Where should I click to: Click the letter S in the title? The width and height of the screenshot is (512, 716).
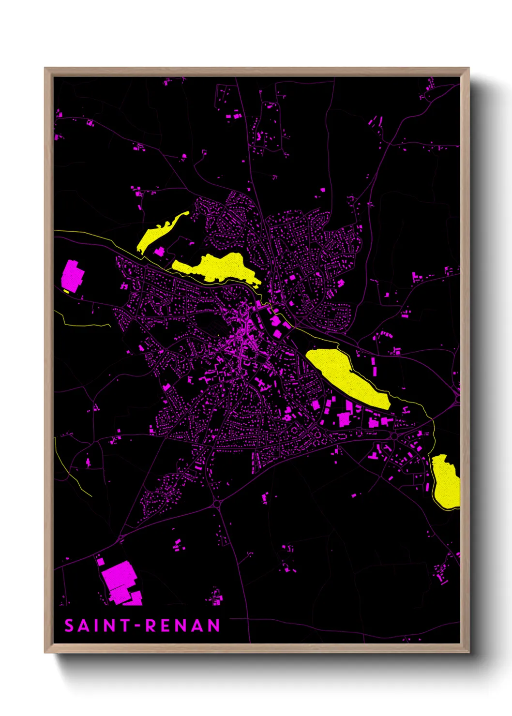[x=69, y=626]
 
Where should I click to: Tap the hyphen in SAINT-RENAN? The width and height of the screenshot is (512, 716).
[x=138, y=626]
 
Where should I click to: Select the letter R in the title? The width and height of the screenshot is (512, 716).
[x=151, y=626]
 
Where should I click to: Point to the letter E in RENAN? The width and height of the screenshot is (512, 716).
[x=166, y=626]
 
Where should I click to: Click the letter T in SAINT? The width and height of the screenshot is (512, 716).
[x=125, y=626]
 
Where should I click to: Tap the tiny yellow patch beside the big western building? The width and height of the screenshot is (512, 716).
[x=66, y=291]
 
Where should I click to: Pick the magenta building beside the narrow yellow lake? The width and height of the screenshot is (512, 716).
[x=159, y=252]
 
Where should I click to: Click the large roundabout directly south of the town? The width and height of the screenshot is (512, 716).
[x=216, y=505]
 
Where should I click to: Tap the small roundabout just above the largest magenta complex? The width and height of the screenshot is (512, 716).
[x=120, y=538]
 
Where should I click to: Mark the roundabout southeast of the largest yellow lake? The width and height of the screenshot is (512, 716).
[x=394, y=436]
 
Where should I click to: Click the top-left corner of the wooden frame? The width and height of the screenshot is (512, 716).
[x=45, y=68]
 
